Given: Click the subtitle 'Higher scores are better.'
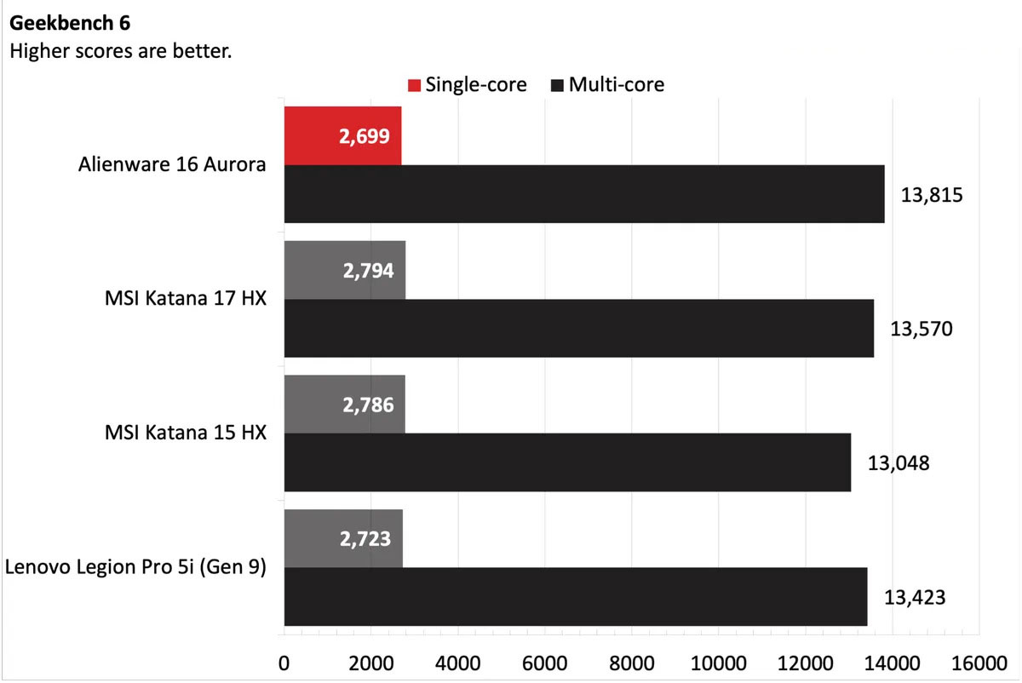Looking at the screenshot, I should (120, 51).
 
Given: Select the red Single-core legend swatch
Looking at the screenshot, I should (414, 85).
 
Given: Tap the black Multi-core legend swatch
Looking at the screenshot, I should (557, 85).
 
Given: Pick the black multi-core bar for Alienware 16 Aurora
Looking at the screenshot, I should (584, 194).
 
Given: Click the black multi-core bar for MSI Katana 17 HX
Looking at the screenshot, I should (579, 328).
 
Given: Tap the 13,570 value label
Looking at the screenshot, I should (921, 329).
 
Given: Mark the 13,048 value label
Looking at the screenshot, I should (899, 463).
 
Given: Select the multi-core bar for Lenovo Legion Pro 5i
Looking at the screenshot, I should (576, 596).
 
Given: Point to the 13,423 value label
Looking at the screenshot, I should (915, 597).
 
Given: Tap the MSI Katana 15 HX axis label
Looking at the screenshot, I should (183, 433).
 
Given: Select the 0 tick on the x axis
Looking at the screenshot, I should (284, 663).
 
